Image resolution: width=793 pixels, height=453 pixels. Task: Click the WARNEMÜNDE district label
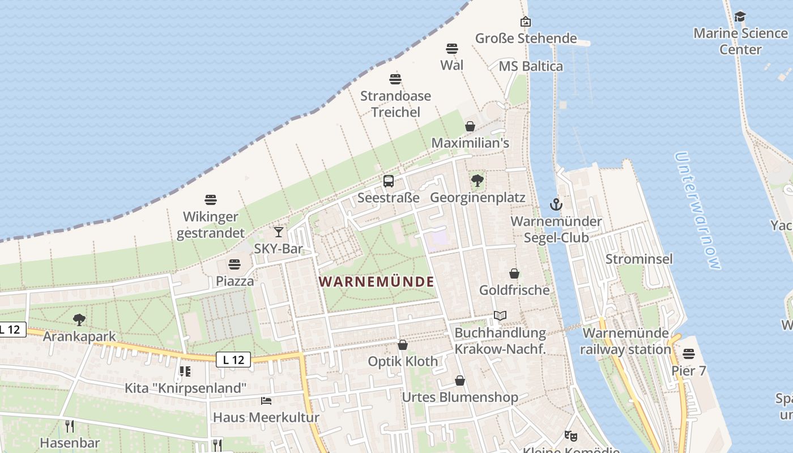point(377,281)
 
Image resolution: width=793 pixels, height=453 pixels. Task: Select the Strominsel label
point(639,259)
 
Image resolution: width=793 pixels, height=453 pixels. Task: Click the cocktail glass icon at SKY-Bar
point(278,232)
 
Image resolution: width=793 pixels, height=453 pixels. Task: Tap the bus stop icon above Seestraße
point(389,181)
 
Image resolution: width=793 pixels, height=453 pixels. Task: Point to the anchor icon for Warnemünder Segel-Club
point(556,204)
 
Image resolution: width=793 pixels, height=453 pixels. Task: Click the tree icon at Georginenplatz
point(477,181)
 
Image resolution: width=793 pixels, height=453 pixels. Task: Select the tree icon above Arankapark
point(79,320)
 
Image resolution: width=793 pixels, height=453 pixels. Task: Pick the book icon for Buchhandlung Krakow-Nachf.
point(500,316)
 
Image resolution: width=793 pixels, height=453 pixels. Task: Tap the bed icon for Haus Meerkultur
point(266,401)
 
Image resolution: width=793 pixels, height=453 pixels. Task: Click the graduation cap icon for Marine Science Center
point(740,16)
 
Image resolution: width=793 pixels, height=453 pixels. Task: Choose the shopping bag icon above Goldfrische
point(514,273)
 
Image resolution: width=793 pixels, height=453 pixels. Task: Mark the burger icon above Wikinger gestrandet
point(211,200)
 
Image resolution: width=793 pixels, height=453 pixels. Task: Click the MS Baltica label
point(531,66)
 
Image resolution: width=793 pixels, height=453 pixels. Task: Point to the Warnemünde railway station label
point(625,341)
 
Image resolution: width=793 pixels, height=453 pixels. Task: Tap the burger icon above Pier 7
point(689,354)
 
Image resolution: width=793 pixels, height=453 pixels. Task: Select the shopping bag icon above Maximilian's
point(470,126)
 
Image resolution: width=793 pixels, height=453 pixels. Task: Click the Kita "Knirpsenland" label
point(186,388)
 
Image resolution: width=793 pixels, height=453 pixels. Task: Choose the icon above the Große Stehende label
point(526,22)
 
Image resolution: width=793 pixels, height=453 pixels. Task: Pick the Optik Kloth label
point(403,361)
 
